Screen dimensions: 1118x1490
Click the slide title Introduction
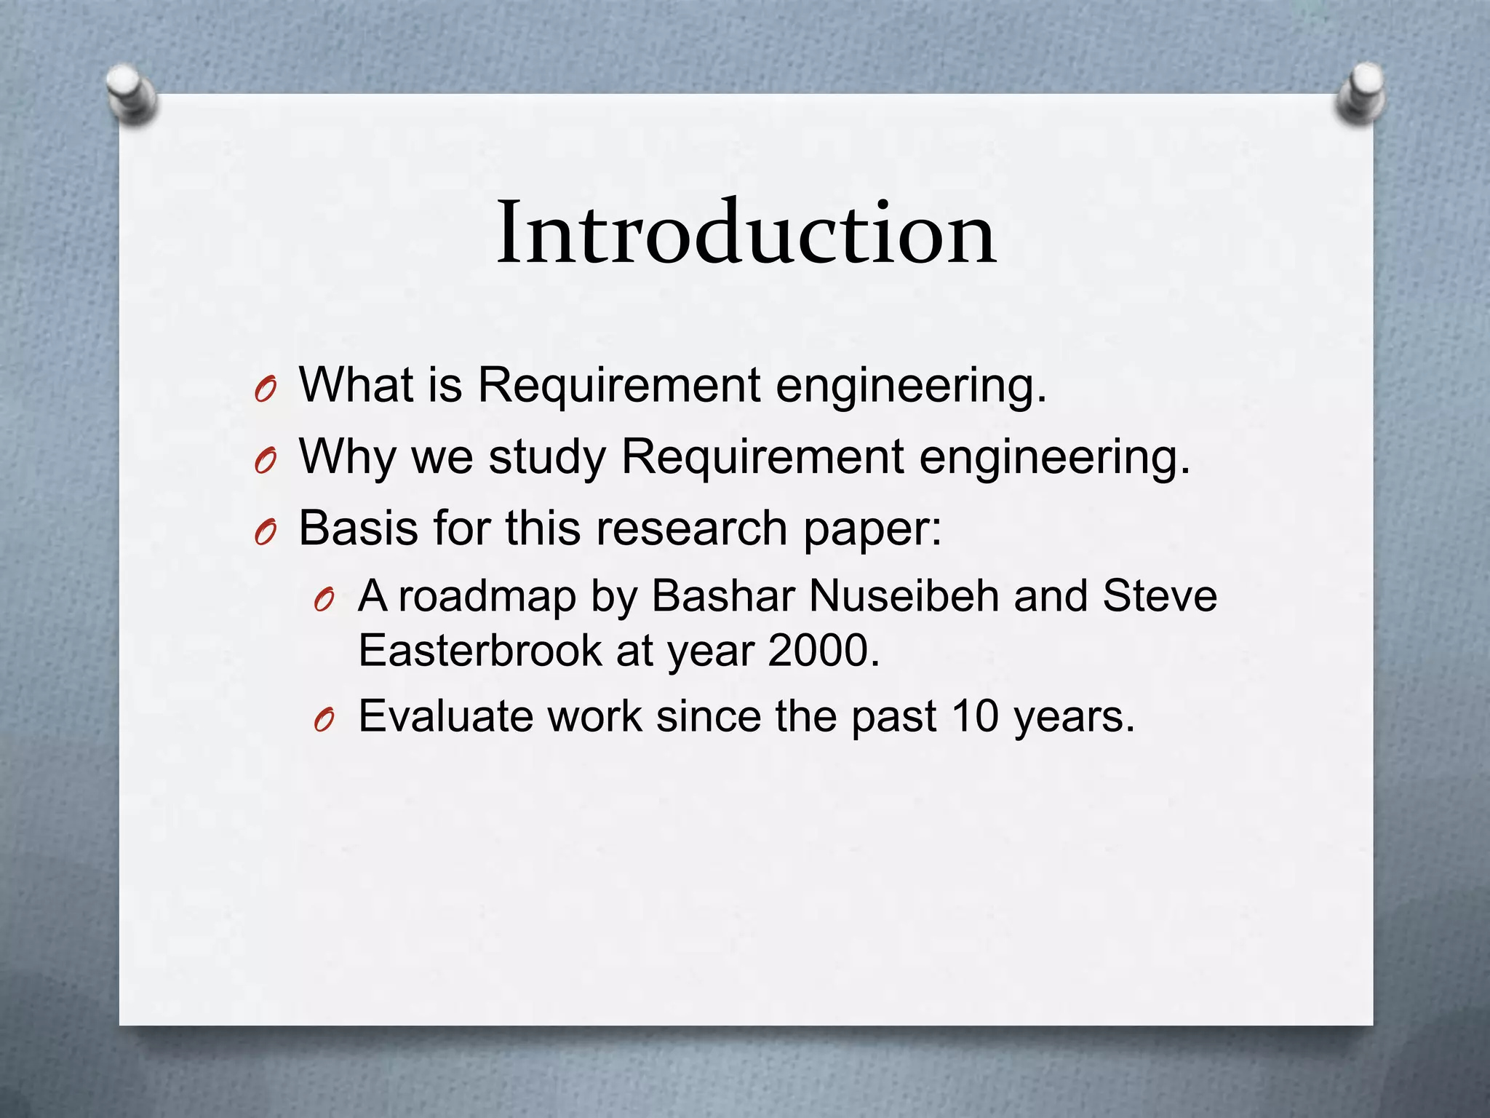coord(745,233)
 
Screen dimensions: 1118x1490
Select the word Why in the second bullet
coord(347,457)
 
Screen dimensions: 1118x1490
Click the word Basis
coord(359,528)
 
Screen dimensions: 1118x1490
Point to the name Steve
coord(1160,596)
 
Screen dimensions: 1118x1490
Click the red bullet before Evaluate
coord(324,721)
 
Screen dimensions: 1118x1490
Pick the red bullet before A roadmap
coord(324,601)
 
